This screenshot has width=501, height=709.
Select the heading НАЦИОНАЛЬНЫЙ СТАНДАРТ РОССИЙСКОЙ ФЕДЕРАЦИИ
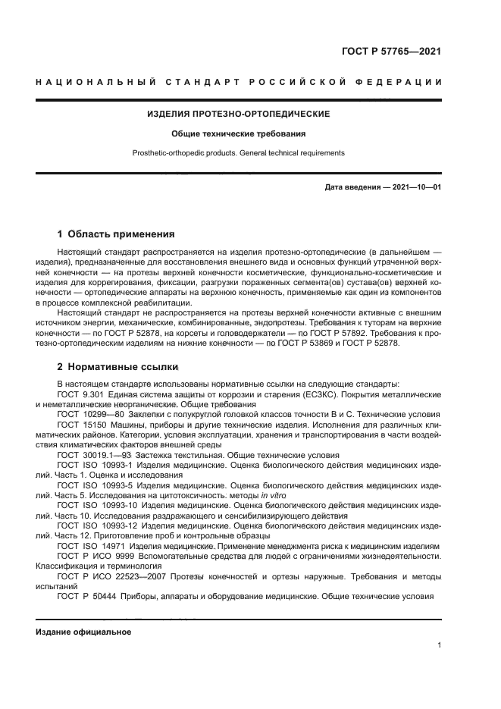(239, 81)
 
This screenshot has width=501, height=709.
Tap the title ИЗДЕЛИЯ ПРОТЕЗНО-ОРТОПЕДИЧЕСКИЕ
(238, 115)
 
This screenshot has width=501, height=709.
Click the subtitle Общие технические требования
(238, 133)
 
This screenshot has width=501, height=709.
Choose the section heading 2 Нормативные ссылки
(117, 367)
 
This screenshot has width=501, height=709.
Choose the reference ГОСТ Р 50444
(83, 596)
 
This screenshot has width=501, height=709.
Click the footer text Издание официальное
(83, 632)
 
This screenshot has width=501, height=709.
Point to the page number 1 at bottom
(439, 645)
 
